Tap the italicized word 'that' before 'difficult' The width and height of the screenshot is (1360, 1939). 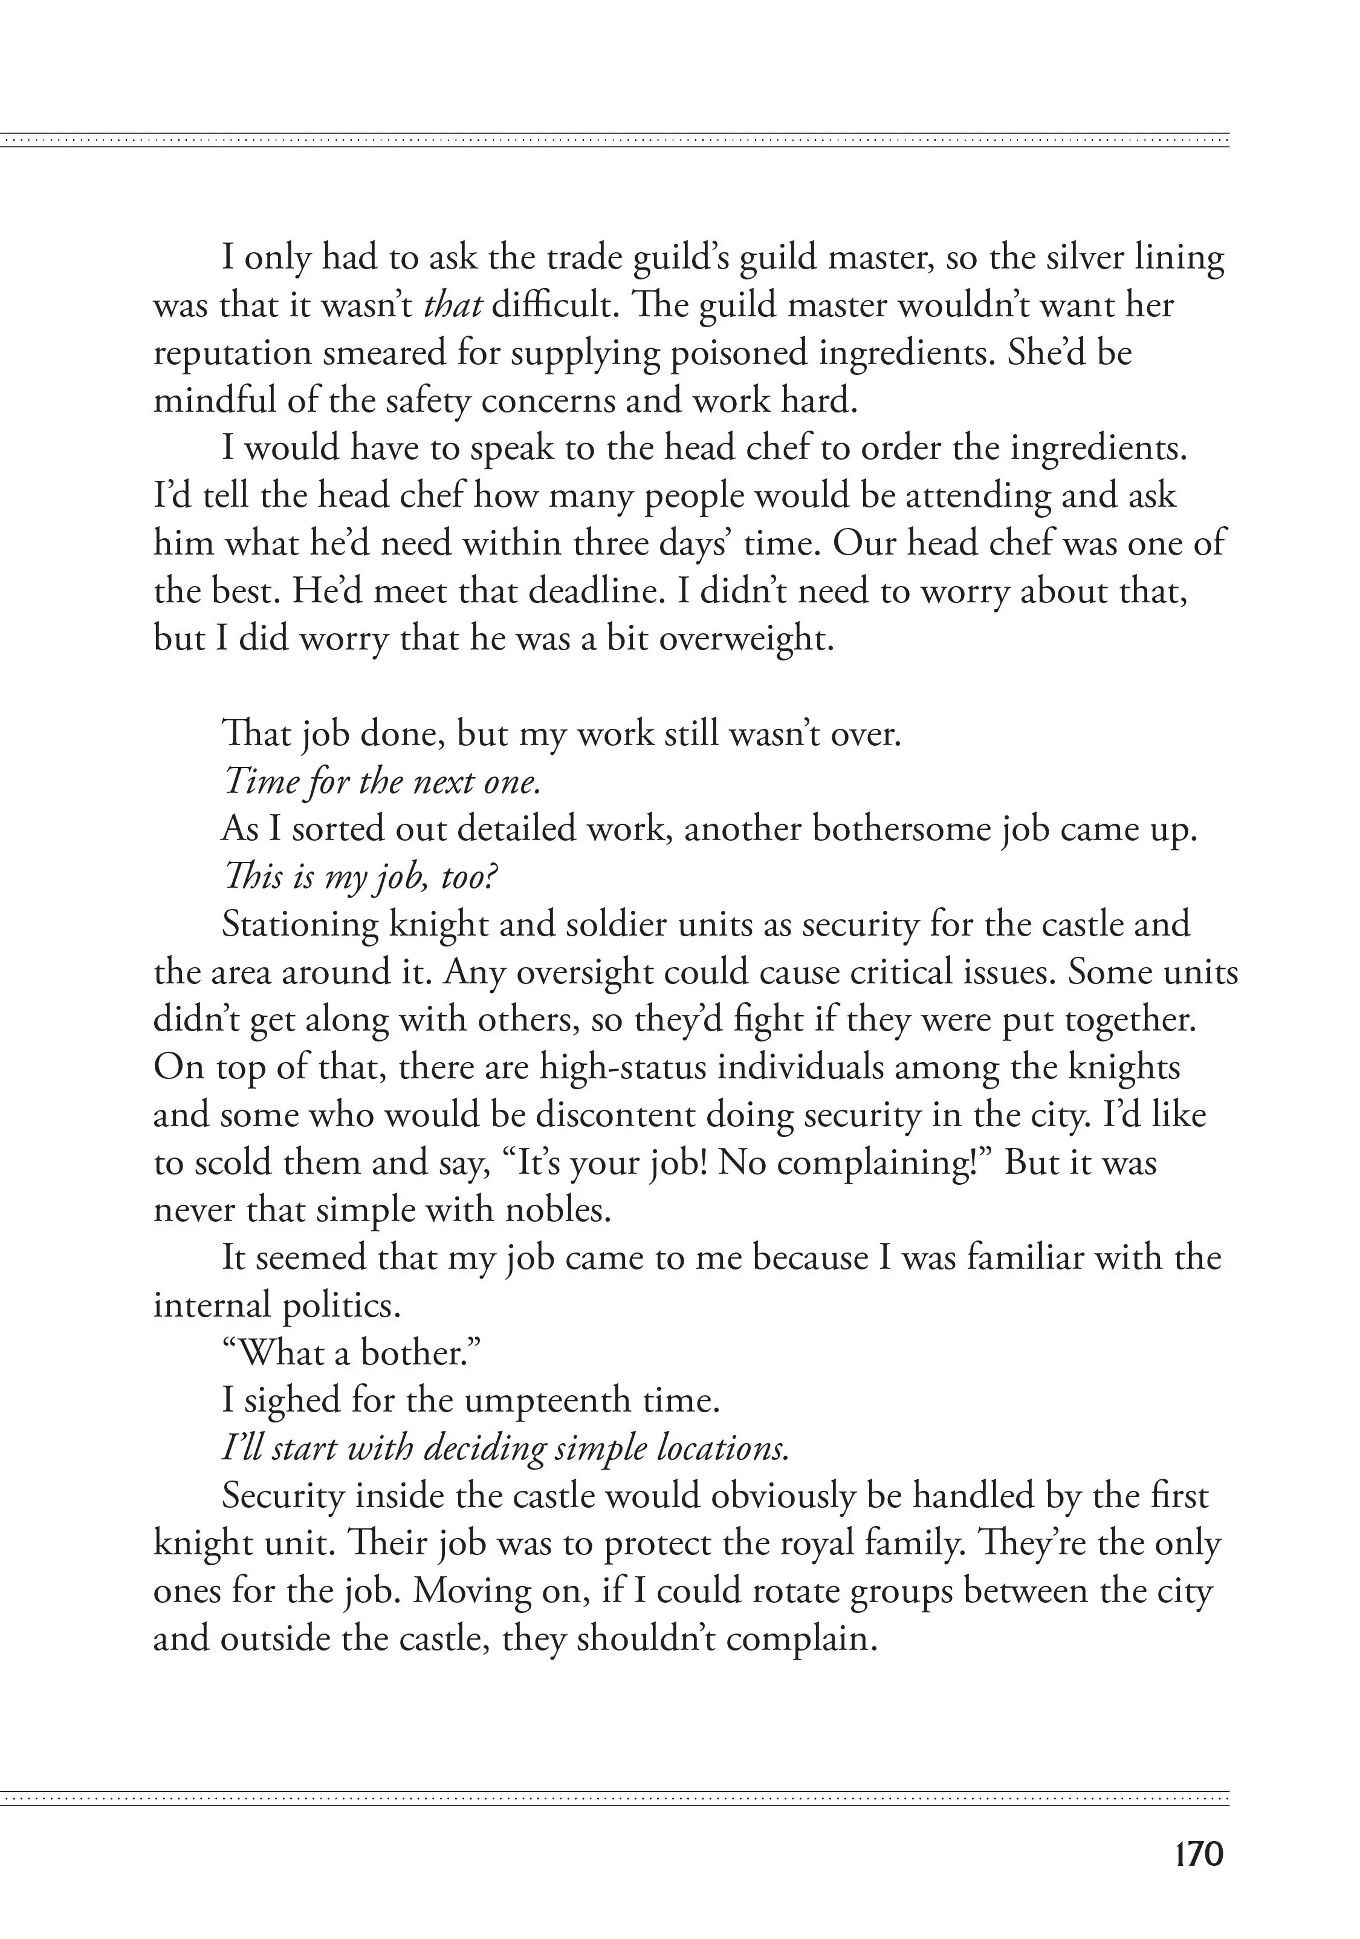453,305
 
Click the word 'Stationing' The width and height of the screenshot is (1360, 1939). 298,925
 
